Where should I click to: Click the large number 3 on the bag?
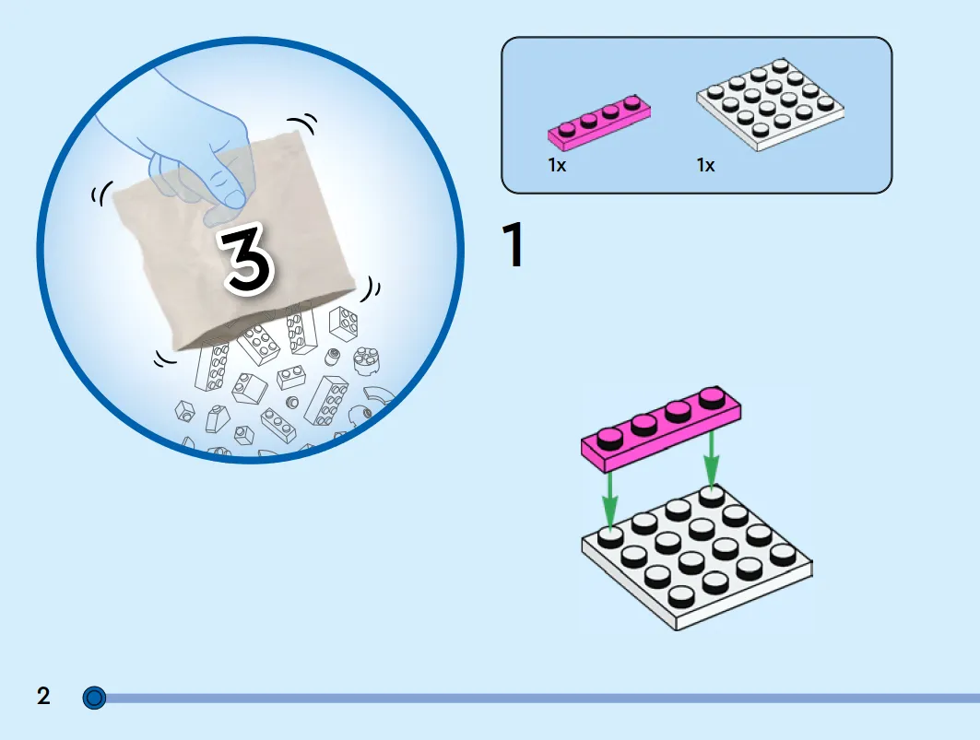(248, 259)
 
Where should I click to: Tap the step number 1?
(514, 245)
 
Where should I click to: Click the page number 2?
(43, 696)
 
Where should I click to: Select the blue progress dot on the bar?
(94, 698)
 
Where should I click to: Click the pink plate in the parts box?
(598, 122)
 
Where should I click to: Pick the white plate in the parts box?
(770, 104)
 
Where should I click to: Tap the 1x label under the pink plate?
(557, 165)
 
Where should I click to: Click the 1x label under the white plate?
(705, 165)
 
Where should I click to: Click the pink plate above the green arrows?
(661, 429)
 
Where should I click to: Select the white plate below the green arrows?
(697, 558)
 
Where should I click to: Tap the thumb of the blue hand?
(224, 187)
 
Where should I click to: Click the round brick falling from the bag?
(366, 360)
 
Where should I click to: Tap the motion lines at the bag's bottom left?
(166, 358)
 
